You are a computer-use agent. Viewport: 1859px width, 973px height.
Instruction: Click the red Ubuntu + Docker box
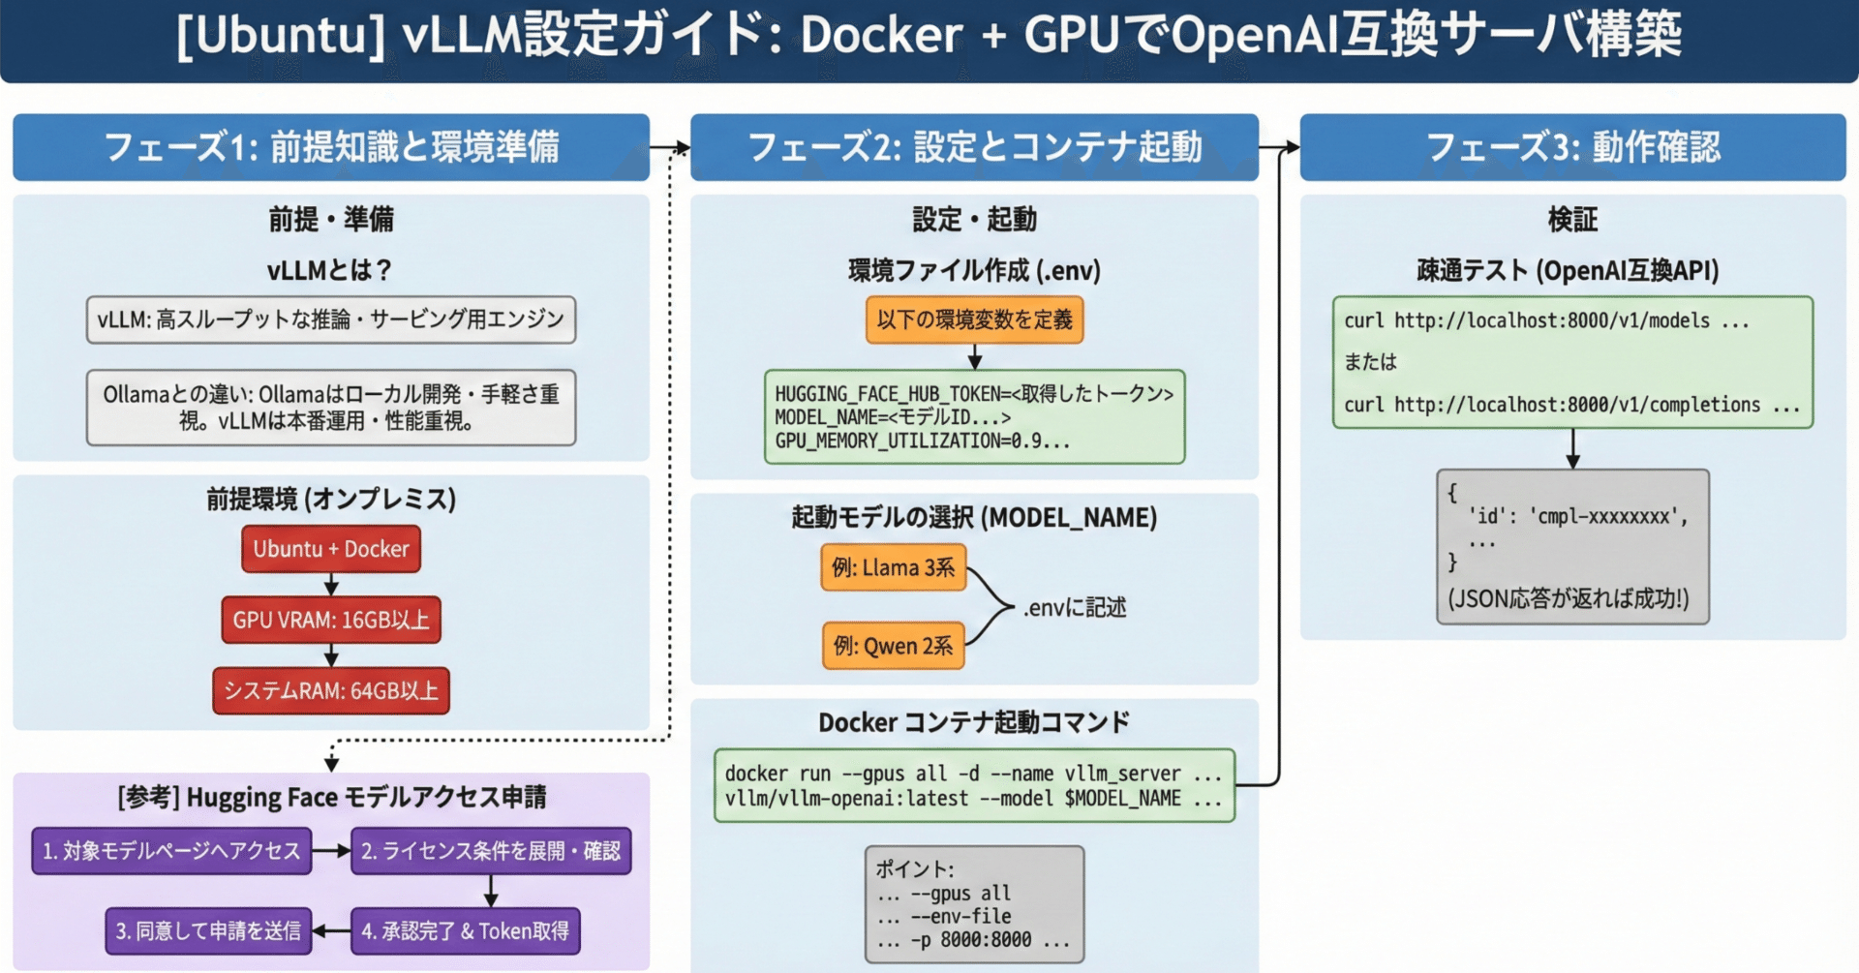[331, 549]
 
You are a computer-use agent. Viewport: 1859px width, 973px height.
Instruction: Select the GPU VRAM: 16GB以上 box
[331, 620]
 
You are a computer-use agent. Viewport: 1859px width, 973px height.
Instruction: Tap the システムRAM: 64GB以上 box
[331, 690]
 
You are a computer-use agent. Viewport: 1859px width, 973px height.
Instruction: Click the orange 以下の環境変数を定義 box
[974, 319]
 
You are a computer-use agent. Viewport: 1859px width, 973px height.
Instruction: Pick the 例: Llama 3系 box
[893, 567]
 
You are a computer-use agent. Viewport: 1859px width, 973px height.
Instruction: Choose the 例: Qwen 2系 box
[893, 646]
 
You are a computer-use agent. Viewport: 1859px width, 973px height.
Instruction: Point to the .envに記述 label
[1075, 608]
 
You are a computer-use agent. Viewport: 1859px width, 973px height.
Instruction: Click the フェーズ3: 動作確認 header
[1572, 147]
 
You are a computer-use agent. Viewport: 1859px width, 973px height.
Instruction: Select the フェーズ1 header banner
[331, 147]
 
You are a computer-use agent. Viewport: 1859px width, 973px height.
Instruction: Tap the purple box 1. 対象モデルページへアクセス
[171, 851]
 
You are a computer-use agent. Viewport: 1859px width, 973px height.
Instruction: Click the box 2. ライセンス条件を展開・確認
[491, 851]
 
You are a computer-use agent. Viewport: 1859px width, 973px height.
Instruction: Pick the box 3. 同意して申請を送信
[208, 931]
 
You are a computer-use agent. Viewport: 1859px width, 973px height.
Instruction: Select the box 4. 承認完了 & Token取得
[466, 931]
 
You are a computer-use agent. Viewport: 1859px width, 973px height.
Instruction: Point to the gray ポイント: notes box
[974, 904]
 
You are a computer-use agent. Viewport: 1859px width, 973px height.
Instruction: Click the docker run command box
[974, 785]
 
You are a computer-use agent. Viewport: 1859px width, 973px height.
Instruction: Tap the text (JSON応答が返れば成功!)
[1569, 599]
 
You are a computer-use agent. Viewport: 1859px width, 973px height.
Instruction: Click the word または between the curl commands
[1370, 362]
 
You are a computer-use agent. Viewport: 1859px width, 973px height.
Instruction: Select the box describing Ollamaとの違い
[331, 408]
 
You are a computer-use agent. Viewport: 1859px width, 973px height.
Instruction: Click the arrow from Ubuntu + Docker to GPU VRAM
[331, 584]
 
